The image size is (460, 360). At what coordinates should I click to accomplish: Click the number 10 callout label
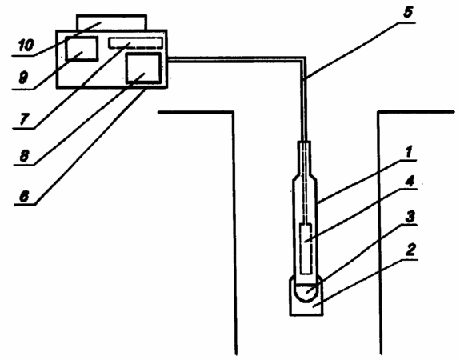26,46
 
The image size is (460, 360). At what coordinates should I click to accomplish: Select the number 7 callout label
24,119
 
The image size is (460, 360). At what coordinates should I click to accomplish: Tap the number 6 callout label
24,196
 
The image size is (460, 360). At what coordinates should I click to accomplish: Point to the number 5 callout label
408,13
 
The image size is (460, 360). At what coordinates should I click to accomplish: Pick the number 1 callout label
409,151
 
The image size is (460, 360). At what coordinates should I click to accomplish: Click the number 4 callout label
410,182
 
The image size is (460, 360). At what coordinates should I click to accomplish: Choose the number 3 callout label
410,217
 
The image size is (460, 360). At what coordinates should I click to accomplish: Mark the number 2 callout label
410,250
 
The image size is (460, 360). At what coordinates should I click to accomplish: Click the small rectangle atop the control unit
111,22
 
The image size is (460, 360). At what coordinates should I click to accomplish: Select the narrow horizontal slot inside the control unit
135,42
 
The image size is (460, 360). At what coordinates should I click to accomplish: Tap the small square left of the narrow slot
82,49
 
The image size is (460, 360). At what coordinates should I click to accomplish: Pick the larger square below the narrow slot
143,68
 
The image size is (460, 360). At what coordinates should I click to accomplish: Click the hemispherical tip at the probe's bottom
306,293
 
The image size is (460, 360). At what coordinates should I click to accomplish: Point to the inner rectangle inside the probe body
306,249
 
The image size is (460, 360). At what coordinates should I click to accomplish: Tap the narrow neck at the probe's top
304,158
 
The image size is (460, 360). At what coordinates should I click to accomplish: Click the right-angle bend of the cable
304,58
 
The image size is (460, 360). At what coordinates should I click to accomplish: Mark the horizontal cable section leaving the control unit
236,58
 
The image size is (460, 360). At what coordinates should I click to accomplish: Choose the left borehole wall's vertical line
234,233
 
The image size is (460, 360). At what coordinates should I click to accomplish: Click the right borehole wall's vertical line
380,233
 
